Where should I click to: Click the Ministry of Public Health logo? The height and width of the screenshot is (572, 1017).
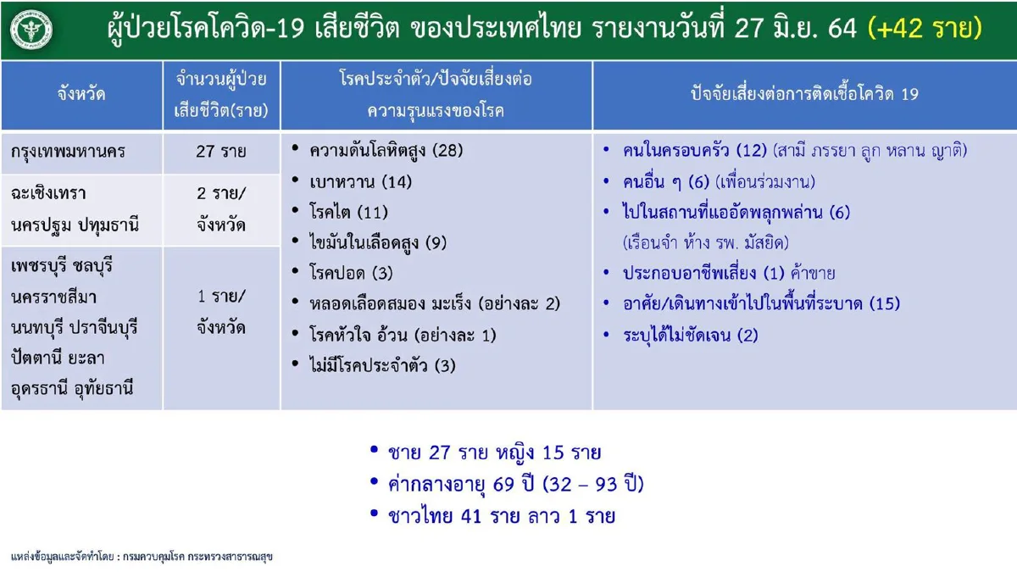pos(32,30)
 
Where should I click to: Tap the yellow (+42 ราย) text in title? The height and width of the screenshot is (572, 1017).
pos(925,29)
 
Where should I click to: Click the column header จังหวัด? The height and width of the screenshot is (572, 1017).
pos(81,94)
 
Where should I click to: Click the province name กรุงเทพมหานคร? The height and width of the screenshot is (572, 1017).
pos(69,153)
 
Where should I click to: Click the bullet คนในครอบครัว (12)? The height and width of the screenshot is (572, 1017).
pos(695,151)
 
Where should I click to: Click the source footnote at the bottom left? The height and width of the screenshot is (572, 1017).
pos(142,558)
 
